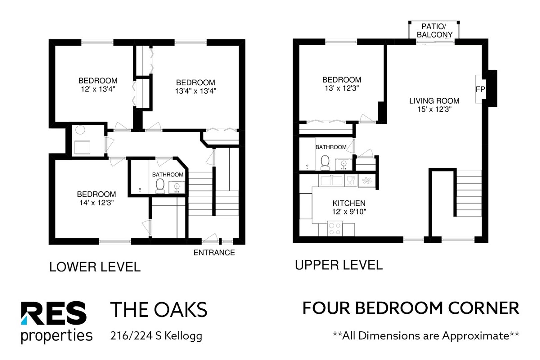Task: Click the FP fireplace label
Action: pos(480,89)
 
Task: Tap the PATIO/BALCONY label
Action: pos(434,31)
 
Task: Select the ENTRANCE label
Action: pos(214,252)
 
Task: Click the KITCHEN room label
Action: pos(349,203)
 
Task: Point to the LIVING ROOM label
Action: pos(434,101)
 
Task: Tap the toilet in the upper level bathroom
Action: pos(325,163)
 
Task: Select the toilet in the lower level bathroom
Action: pos(160,186)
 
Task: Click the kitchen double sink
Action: pos(331,180)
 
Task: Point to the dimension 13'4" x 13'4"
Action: pos(196,91)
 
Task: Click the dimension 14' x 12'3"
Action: pos(96,203)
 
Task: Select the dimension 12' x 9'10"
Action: pos(349,212)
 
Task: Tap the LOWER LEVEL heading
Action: pos(95,267)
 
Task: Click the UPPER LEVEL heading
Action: pos(339,265)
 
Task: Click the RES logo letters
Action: pos(54,313)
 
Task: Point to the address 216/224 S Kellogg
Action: pos(156,336)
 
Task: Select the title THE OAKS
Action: pos(159,310)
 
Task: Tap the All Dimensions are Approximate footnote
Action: pos(426,335)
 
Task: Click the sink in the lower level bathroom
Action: pos(177,188)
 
